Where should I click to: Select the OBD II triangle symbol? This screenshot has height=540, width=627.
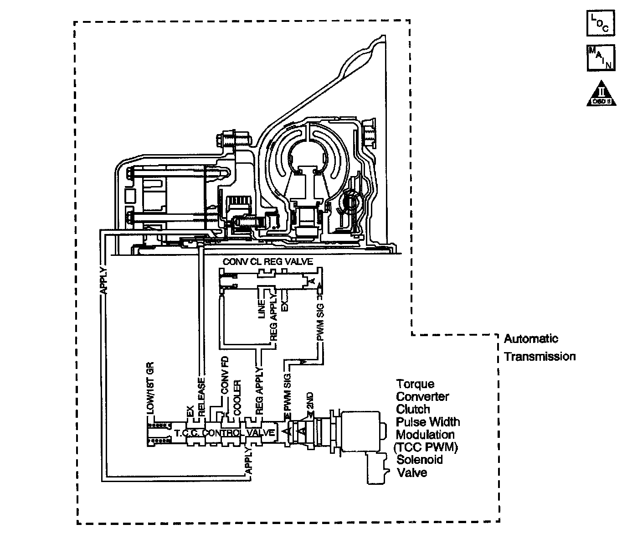(x=601, y=95)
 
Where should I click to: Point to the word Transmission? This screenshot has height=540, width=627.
(x=540, y=357)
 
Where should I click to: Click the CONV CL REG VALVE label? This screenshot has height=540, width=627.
(x=267, y=262)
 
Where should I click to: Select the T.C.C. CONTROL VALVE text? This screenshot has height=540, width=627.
(x=224, y=432)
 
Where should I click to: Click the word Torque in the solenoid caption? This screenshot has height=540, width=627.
(x=415, y=384)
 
